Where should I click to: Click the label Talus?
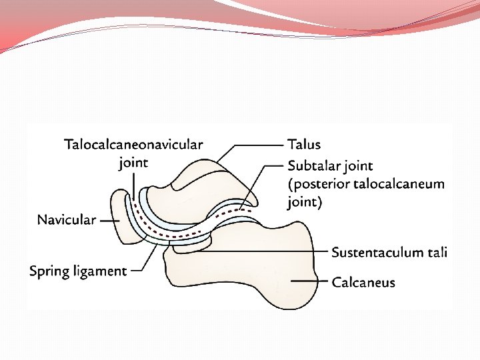pos(303,144)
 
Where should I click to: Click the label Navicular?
pos(66,220)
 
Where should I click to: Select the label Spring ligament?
pos(77,271)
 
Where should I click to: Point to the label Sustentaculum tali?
pos(389,252)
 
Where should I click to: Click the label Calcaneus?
pos(363,282)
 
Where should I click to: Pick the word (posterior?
pos(317,184)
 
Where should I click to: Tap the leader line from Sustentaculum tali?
pos(267,251)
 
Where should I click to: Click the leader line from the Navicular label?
pos(109,219)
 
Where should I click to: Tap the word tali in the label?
pos(437,252)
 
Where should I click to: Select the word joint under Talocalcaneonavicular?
pos(133,163)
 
